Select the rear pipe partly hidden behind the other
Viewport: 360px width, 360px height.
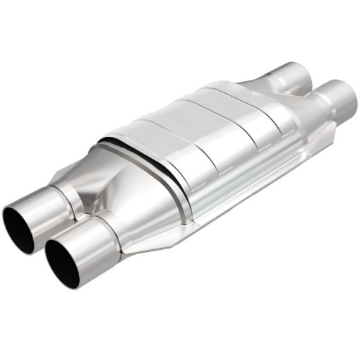click(x=289, y=75)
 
